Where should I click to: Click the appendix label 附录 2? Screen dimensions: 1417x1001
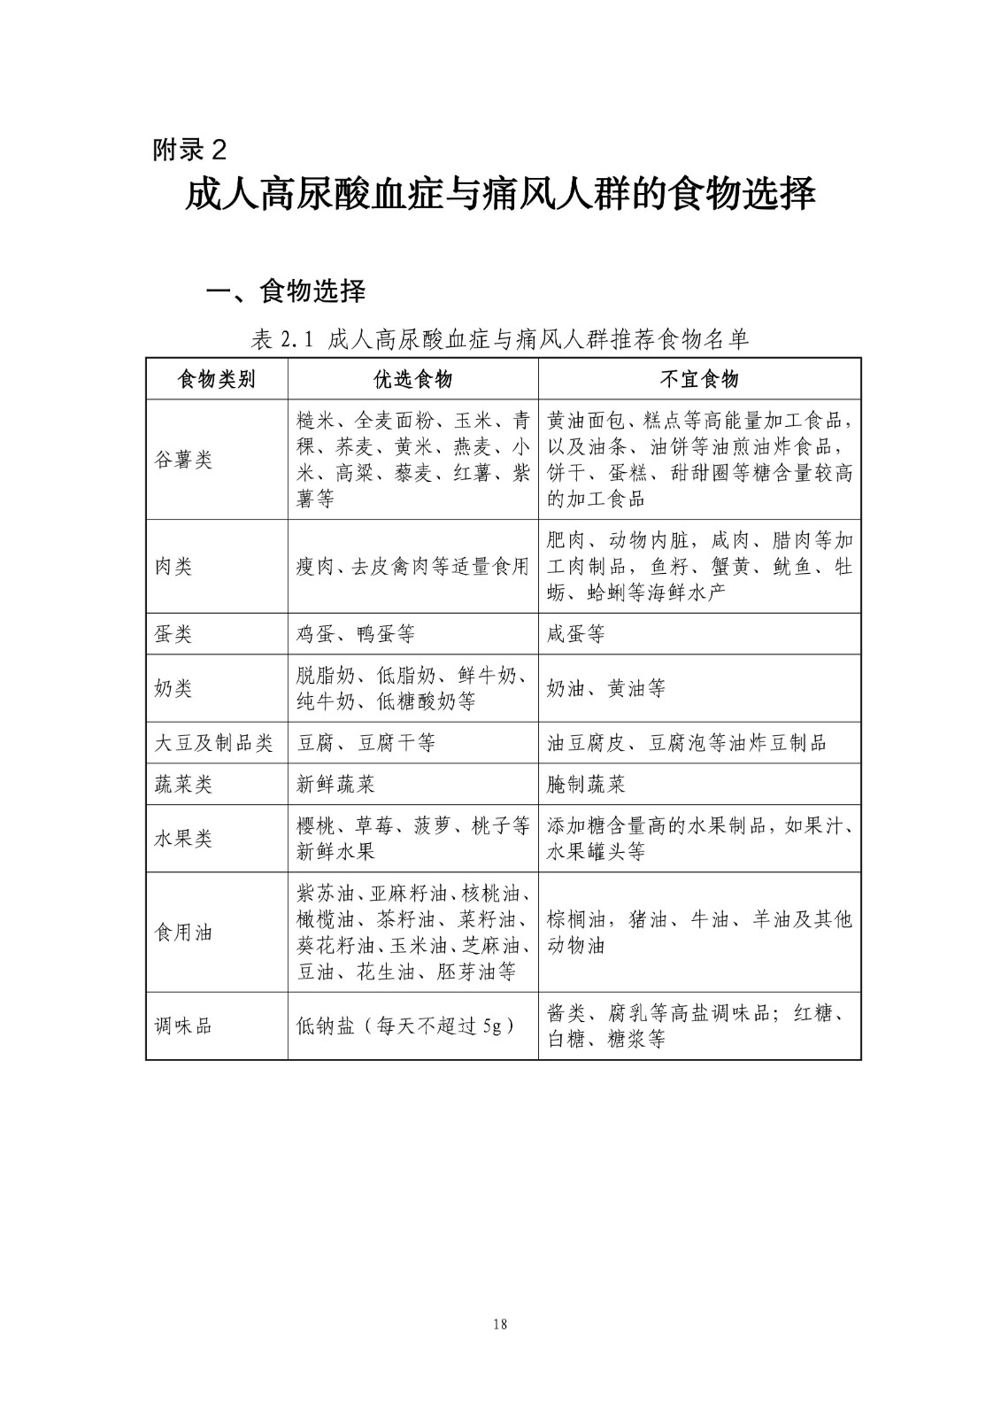tap(189, 150)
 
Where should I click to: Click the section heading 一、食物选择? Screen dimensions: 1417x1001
tap(285, 290)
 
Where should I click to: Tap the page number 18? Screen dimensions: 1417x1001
tap(500, 1325)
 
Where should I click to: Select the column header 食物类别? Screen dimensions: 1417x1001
tap(217, 379)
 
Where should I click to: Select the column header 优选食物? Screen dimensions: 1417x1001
tap(412, 379)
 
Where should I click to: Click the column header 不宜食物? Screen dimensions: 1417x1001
tap(699, 379)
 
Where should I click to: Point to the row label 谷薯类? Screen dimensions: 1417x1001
tap(183, 460)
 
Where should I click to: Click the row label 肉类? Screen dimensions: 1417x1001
tap(173, 567)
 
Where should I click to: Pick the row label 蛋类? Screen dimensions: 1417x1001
tap(173, 634)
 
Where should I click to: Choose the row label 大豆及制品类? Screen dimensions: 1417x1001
tap(213, 743)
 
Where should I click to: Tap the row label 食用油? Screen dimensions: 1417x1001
tap(183, 933)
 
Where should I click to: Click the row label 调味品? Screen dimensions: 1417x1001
tap(183, 1026)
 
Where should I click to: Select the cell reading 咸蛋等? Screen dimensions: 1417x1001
tap(576, 634)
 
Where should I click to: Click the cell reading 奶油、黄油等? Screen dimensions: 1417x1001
tap(606, 689)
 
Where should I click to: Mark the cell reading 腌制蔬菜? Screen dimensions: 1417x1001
tap(587, 785)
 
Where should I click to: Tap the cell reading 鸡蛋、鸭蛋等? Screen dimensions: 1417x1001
tap(355, 634)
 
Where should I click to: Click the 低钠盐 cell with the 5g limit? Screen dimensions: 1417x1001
tap(405, 1026)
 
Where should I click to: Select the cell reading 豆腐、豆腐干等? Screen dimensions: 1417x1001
tap(366, 743)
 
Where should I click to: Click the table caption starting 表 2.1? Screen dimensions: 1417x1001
tap(500, 338)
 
